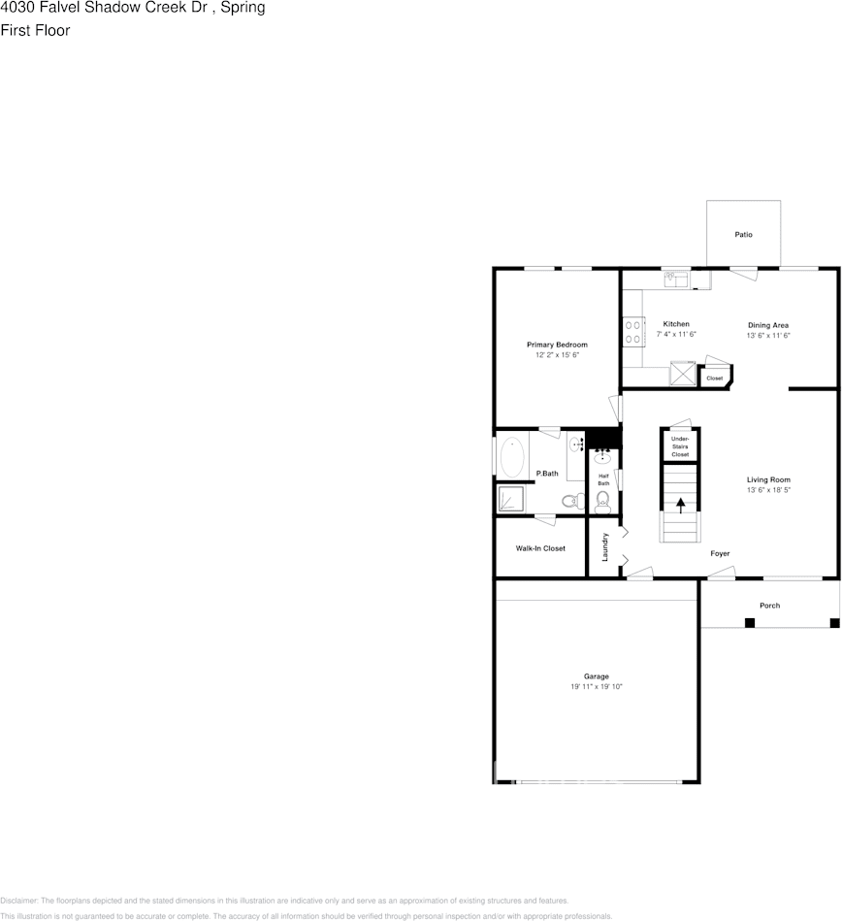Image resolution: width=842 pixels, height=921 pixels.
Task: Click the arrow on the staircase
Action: click(x=680, y=504)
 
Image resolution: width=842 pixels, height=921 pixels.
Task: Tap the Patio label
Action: click(x=743, y=235)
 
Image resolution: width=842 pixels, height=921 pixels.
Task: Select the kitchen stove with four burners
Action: click(x=633, y=332)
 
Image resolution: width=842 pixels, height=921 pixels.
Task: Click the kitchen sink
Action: click(x=676, y=280)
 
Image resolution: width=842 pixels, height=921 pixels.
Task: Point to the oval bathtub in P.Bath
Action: click(x=512, y=456)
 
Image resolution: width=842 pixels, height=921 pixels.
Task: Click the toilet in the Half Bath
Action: click(x=602, y=500)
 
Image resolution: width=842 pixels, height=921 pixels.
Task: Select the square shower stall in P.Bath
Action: click(x=510, y=499)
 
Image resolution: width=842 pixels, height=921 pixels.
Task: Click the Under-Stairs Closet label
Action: click(x=680, y=446)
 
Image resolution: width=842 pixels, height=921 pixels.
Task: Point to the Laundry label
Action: click(x=605, y=547)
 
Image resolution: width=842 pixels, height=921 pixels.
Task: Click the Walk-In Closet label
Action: click(x=540, y=548)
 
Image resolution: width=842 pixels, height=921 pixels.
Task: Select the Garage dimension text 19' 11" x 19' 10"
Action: click(x=597, y=687)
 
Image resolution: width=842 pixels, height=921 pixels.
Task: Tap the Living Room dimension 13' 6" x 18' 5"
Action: click(x=768, y=491)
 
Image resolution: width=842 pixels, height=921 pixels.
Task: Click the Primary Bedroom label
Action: click(x=557, y=345)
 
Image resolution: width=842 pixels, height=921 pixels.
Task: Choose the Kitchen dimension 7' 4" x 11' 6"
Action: click(x=676, y=335)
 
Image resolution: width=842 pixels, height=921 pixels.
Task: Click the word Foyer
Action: click(x=720, y=554)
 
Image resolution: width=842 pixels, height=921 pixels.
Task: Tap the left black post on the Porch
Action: click(x=749, y=622)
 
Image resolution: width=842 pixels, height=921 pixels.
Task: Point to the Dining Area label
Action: click(x=768, y=325)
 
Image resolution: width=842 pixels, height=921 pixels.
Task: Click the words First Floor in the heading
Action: click(x=35, y=30)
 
